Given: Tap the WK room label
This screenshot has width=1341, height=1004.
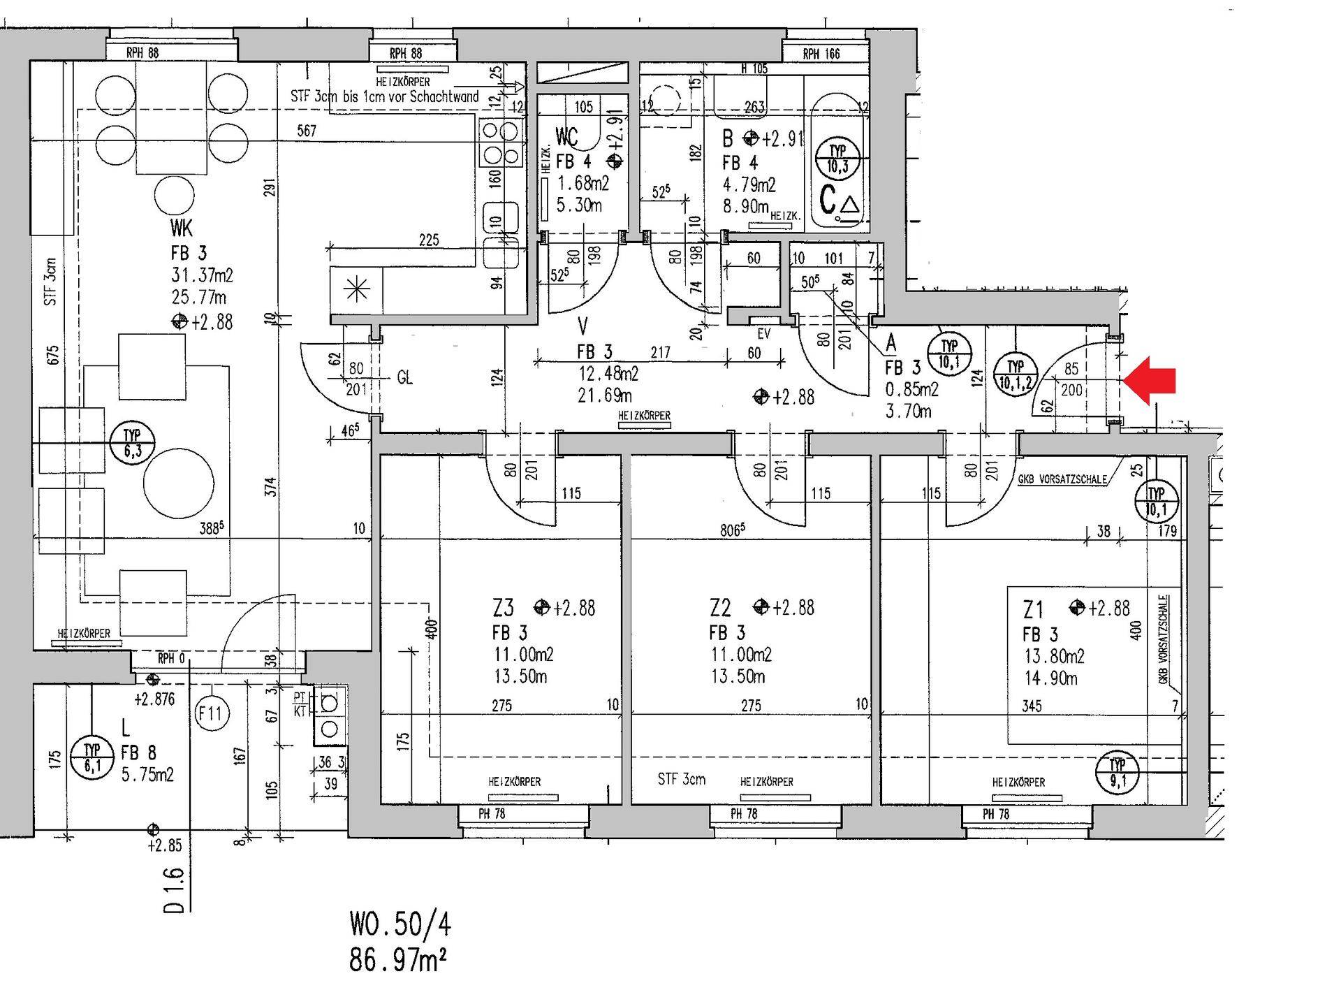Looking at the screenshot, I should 180,228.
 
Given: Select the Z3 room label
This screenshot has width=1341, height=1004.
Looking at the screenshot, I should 503,609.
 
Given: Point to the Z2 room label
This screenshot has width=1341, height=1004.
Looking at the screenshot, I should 720,609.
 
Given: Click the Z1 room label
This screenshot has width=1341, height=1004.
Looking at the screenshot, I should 1033,610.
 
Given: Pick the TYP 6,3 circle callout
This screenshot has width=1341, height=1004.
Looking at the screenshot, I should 133,443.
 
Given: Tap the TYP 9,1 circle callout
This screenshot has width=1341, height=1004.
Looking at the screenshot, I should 1117,773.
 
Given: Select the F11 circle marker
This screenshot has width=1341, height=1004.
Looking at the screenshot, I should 210,714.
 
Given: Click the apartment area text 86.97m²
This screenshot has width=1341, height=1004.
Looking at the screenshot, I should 398,961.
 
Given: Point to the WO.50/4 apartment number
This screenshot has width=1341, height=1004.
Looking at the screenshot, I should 400,925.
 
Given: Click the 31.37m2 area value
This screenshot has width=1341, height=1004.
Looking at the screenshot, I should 202,275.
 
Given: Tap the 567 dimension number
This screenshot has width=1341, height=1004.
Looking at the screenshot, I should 307,131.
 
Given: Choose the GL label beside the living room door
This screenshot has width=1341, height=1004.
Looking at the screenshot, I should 405,378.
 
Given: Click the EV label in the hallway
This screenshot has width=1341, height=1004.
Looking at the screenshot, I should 764,334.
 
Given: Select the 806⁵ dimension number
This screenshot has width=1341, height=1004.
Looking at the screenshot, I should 732,530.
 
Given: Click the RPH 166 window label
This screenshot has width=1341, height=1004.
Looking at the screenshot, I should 821,54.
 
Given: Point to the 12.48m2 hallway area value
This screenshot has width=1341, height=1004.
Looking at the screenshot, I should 608,374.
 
